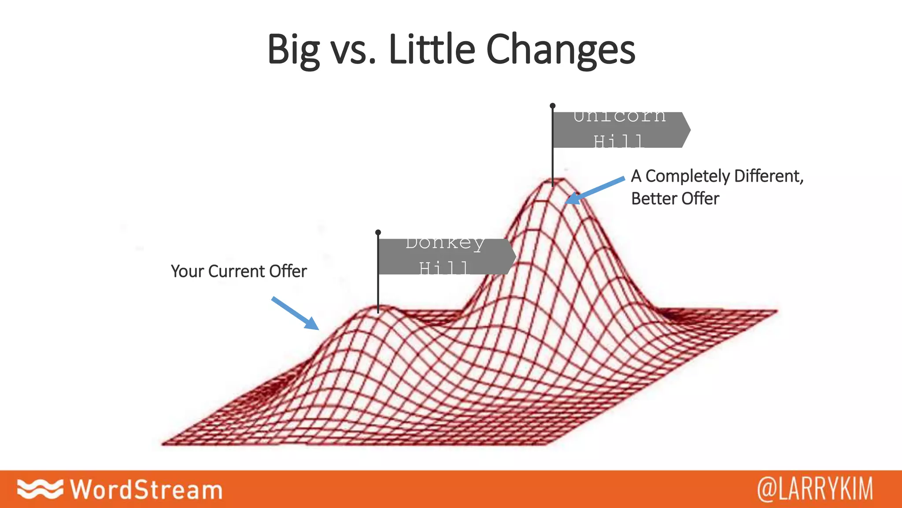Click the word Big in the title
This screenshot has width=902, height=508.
(293, 49)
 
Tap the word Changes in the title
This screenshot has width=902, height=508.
(560, 49)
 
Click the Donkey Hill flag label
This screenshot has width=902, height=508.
(445, 256)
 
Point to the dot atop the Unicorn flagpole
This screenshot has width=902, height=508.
(552, 106)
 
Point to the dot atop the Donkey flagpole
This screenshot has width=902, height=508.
(378, 232)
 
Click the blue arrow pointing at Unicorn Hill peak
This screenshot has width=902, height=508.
(595, 190)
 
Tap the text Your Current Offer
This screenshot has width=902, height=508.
(239, 271)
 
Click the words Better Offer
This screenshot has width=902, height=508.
(675, 198)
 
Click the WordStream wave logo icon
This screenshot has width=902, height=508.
(40, 489)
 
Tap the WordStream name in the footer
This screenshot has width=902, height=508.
(147, 489)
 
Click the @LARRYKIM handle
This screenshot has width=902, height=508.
(815, 489)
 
